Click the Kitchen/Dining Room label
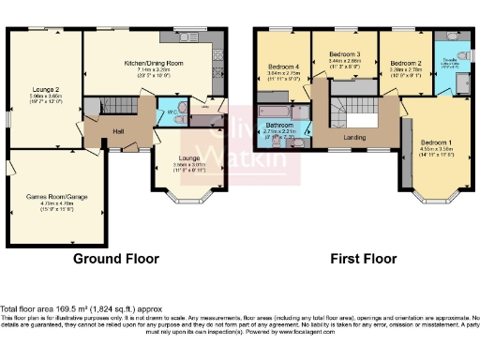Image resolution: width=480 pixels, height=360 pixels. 153,63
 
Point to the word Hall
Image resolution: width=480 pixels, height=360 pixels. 119,130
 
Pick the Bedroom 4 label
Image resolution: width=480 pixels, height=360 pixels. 282,67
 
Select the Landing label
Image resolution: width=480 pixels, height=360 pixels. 354,138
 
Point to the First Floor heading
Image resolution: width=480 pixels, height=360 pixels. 359,256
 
